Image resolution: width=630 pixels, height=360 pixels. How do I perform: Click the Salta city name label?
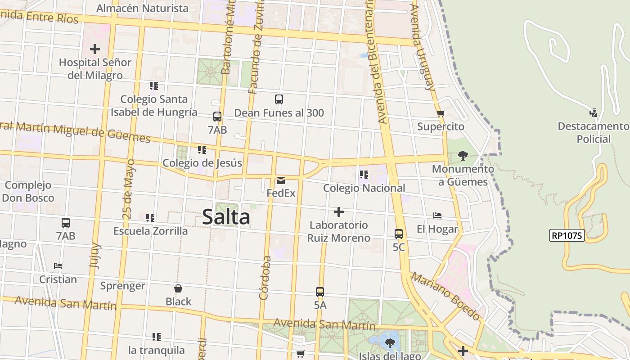click(x=226, y=217)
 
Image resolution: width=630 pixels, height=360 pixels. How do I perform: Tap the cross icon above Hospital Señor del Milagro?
click(x=95, y=49)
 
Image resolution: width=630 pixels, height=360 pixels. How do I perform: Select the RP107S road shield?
click(x=567, y=235)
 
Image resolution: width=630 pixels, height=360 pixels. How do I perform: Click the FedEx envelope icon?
click(x=281, y=180)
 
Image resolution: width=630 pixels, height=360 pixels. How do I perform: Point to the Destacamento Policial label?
click(x=594, y=132)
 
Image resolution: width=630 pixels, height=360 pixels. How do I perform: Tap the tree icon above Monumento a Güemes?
click(x=463, y=156)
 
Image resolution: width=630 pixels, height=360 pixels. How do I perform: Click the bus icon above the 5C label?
click(x=399, y=234)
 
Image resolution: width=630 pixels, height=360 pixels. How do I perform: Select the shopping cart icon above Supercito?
click(x=441, y=114)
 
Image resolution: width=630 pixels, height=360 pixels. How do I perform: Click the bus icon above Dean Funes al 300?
click(x=279, y=99)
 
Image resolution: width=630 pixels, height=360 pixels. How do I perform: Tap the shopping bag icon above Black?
click(x=178, y=288)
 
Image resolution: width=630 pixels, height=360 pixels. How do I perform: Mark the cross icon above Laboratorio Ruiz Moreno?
click(x=339, y=212)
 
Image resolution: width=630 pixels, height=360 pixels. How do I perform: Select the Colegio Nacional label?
click(x=364, y=188)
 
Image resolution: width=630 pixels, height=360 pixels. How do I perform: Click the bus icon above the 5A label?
click(x=320, y=292)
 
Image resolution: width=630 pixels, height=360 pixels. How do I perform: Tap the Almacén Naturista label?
click(x=142, y=8)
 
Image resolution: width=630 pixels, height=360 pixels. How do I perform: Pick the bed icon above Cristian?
click(x=58, y=266)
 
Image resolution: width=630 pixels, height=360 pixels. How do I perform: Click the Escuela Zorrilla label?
click(x=150, y=231)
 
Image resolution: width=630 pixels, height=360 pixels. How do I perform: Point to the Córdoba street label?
click(x=265, y=278)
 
